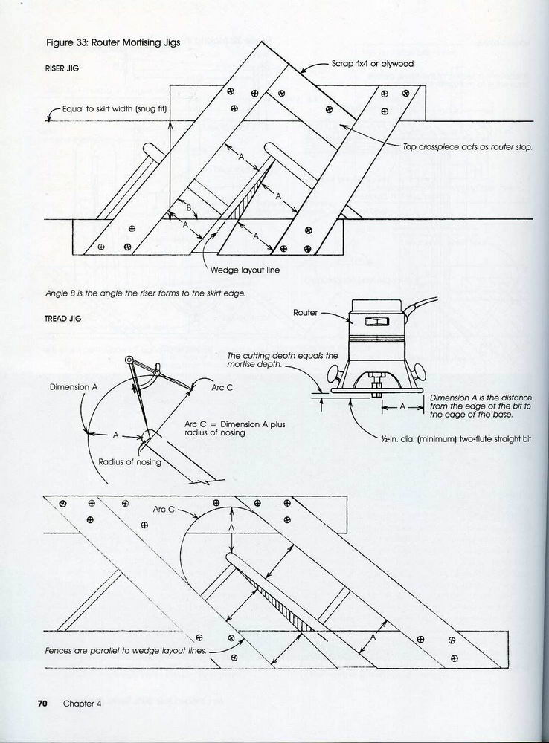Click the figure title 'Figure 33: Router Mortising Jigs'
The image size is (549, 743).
click(113, 43)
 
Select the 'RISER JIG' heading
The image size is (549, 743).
click(62, 68)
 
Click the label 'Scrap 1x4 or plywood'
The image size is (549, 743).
click(373, 64)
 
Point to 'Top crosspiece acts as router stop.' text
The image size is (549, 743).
click(468, 148)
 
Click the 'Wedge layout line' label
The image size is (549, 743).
click(245, 270)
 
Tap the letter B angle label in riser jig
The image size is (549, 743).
click(189, 209)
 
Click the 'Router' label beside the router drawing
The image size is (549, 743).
click(305, 313)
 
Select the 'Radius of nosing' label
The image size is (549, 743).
click(129, 461)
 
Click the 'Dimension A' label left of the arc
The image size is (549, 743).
click(74, 387)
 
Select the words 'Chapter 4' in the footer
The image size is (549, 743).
click(82, 704)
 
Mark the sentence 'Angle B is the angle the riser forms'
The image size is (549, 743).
click(146, 293)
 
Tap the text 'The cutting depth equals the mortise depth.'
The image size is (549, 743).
click(283, 361)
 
